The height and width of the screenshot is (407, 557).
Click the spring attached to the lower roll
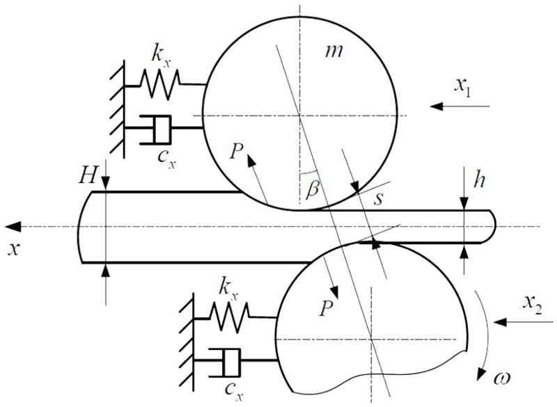230,317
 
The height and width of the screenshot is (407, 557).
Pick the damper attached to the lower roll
227,360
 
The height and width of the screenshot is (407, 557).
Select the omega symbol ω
503,381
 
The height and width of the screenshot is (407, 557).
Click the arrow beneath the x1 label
461,106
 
